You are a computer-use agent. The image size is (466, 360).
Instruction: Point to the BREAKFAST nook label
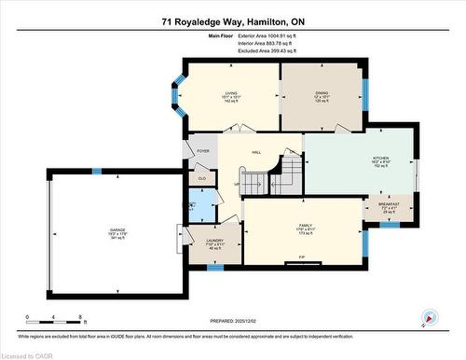(x=389, y=205)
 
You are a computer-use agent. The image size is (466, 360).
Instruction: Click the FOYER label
(x=202, y=151)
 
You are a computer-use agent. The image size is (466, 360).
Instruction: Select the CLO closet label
(x=201, y=176)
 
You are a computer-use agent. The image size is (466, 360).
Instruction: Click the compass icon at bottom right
(x=429, y=317)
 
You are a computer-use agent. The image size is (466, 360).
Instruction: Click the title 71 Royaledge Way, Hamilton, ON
(x=232, y=20)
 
